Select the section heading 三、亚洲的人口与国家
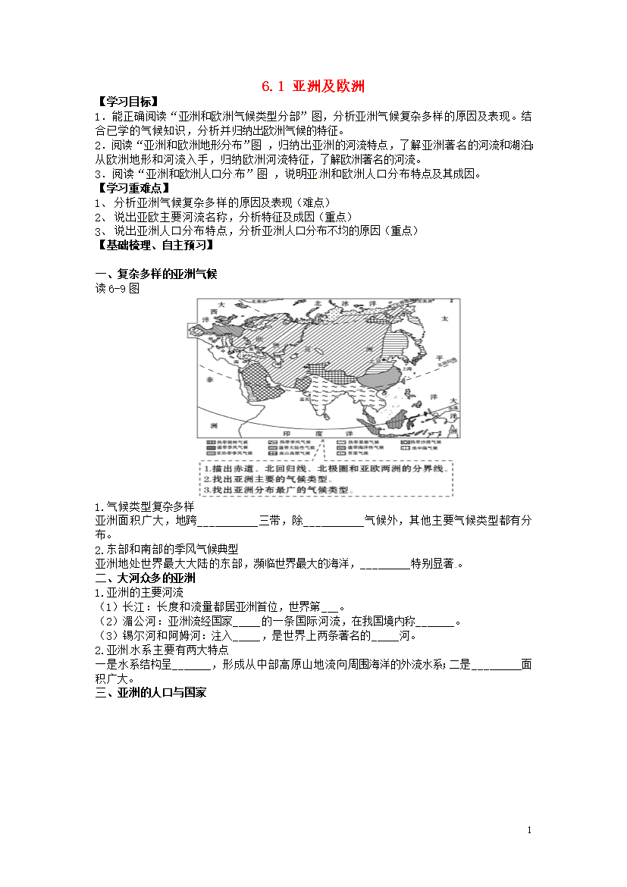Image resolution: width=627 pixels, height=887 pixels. click(x=150, y=693)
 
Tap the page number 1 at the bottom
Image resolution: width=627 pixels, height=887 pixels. click(x=529, y=831)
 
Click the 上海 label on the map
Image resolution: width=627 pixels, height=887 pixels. click(x=408, y=365)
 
